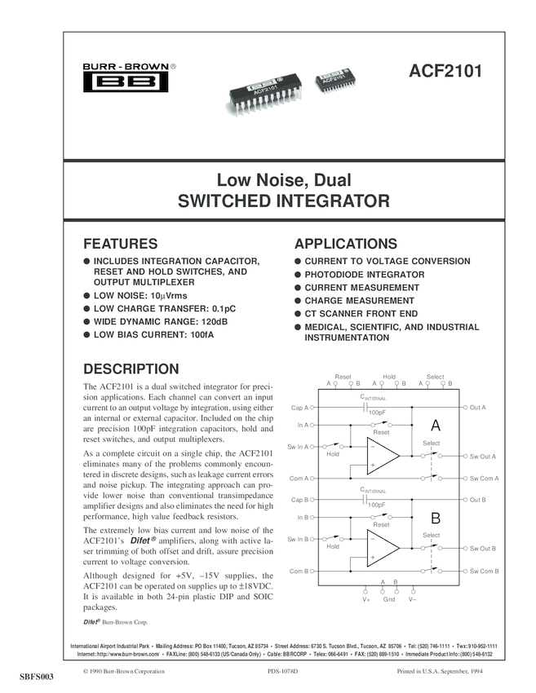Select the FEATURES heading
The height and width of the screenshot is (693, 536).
pos(121,244)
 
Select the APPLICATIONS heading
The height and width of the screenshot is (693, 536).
pos(346,244)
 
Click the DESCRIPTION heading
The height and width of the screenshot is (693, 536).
pos(131,369)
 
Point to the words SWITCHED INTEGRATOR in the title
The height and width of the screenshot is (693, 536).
pos(283,201)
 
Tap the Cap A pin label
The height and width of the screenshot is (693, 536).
pos(299,407)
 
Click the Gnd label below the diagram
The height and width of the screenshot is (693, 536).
pos(389,599)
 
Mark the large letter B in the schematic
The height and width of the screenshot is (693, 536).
pos(436,518)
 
